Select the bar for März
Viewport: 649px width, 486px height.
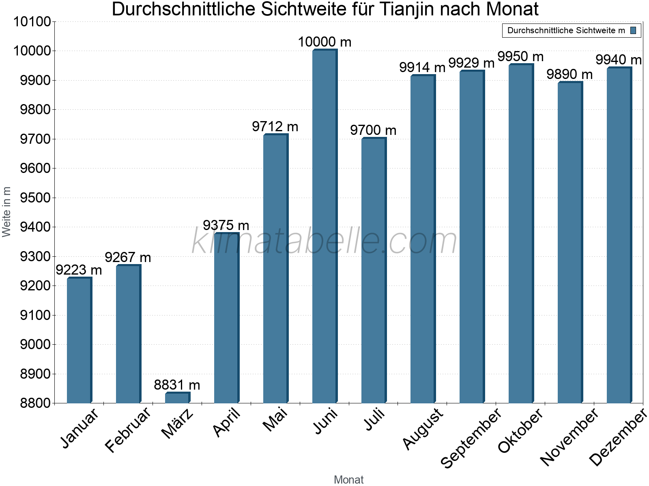[x=177, y=398]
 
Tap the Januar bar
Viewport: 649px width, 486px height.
[x=79, y=340]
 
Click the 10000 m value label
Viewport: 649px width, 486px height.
[x=324, y=42]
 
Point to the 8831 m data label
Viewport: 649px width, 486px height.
[x=177, y=385]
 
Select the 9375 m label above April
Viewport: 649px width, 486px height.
[x=226, y=225]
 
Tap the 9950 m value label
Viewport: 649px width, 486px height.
[x=520, y=56]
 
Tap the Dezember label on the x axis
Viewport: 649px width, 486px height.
[x=618, y=437]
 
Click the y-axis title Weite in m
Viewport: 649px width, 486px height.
[x=6, y=212]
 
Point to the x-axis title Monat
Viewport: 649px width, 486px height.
[x=348, y=480]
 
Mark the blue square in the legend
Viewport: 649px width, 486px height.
[x=634, y=30]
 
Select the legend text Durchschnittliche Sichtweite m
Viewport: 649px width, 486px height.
[x=566, y=30]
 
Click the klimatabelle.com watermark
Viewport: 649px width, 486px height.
[x=324, y=241]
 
